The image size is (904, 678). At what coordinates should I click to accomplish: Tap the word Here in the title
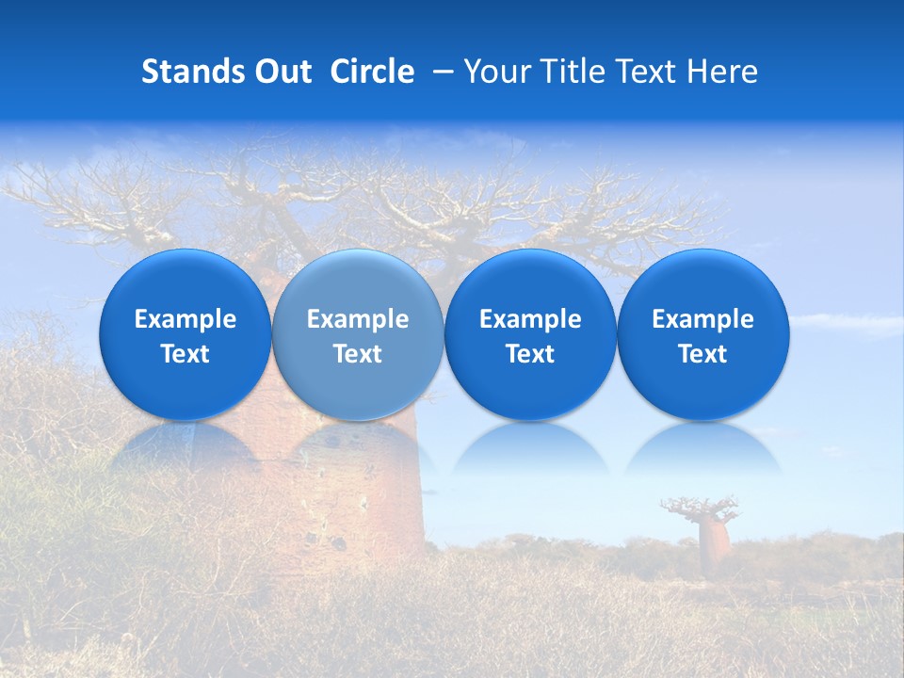722,72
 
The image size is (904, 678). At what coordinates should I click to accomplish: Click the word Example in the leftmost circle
185,319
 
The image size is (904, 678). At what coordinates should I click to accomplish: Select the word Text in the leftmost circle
185,354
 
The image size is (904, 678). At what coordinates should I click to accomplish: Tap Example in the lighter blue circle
358,319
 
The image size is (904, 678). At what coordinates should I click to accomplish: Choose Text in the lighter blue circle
358,354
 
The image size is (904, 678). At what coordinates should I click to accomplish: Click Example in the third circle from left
530,319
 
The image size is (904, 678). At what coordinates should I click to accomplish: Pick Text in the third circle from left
530,354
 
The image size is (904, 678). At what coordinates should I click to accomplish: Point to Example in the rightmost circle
702,319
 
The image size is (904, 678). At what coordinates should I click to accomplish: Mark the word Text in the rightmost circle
702,354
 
